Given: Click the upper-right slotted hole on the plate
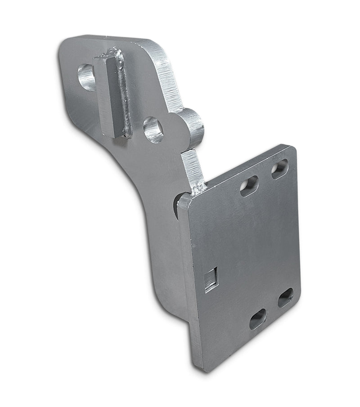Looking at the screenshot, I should (x=279, y=169).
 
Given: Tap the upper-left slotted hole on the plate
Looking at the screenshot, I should (x=249, y=185).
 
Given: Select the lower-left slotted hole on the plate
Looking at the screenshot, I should (x=257, y=318).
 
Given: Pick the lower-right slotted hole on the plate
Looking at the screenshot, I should (x=285, y=297).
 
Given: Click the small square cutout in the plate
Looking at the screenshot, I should (x=211, y=279).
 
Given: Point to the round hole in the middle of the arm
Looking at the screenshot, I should (x=153, y=130).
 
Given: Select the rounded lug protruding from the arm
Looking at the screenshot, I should (x=191, y=127).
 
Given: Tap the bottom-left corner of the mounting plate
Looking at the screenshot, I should (x=196, y=366).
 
